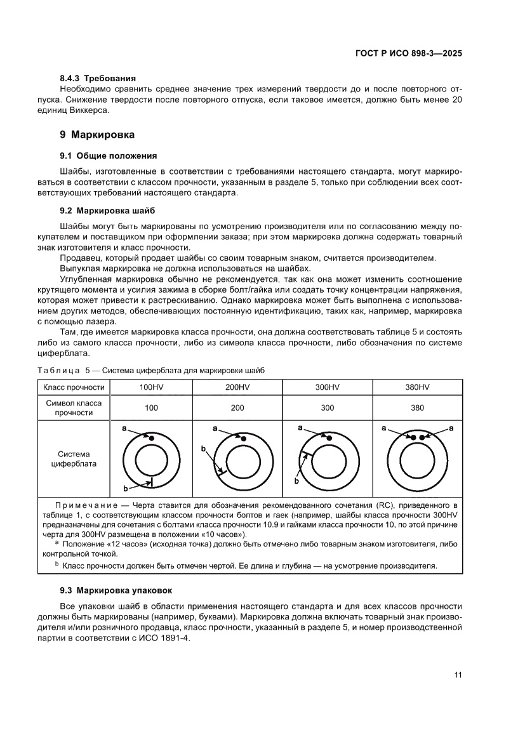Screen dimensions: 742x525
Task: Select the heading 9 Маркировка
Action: (x=96, y=135)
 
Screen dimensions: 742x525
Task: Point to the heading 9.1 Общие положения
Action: (x=108, y=156)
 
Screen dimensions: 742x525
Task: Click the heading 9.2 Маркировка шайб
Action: (x=107, y=210)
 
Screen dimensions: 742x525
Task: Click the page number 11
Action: (x=457, y=675)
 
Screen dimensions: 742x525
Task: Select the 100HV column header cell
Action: (x=151, y=387)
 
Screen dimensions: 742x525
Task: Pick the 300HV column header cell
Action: (x=327, y=387)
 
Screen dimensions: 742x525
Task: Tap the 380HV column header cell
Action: (x=417, y=387)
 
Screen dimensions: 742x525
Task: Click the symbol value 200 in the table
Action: (x=237, y=408)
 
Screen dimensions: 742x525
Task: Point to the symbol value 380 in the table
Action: (x=417, y=408)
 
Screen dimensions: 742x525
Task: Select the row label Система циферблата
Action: (x=74, y=459)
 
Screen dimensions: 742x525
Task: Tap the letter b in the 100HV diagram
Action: (x=125, y=488)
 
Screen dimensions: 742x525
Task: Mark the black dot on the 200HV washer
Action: (x=243, y=439)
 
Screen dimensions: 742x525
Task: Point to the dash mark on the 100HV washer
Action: (x=152, y=483)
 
